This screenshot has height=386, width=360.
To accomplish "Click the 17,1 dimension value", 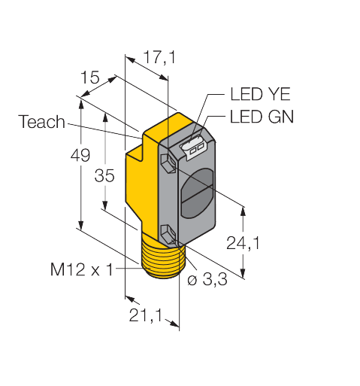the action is click(x=160, y=57).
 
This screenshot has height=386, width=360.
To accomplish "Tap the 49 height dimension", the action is click(x=80, y=155).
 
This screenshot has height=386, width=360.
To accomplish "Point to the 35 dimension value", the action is click(x=104, y=175).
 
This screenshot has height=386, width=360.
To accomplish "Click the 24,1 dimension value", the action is click(x=243, y=243).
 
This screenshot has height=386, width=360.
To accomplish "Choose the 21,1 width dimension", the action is click(x=146, y=315).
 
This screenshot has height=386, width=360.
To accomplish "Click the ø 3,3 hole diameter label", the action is click(x=207, y=279).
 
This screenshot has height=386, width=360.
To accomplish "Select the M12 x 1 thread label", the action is click(x=82, y=269).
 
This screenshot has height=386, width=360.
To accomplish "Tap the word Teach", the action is click(x=41, y=122).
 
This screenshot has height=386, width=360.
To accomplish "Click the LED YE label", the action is click(x=260, y=94).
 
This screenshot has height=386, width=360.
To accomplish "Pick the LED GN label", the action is click(x=262, y=117).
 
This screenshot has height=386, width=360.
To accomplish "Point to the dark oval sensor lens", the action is click(x=197, y=193).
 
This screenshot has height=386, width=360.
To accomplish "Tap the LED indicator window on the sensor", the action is click(x=193, y=148).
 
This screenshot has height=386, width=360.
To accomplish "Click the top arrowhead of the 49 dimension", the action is click(x=80, y=104).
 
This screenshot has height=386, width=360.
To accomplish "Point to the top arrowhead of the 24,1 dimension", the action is click(x=243, y=211).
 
